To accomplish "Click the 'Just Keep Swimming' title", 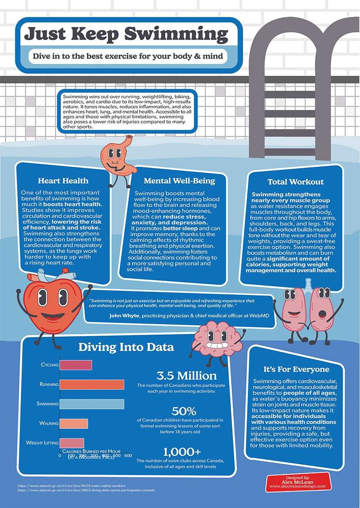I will click(x=126, y=34).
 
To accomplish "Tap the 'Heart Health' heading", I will click(x=63, y=181).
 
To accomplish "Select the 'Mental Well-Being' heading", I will click(x=179, y=181).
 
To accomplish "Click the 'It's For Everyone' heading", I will click(x=296, y=369).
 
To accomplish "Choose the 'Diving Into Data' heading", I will click(x=126, y=348).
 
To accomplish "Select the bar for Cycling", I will click(x=76, y=365).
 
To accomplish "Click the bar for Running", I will click(x=92, y=384).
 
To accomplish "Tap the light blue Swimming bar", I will click(x=92, y=404).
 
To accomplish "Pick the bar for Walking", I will click(x=74, y=423).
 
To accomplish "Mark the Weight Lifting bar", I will click(x=71, y=443).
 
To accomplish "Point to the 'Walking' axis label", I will click(x=49, y=423).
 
